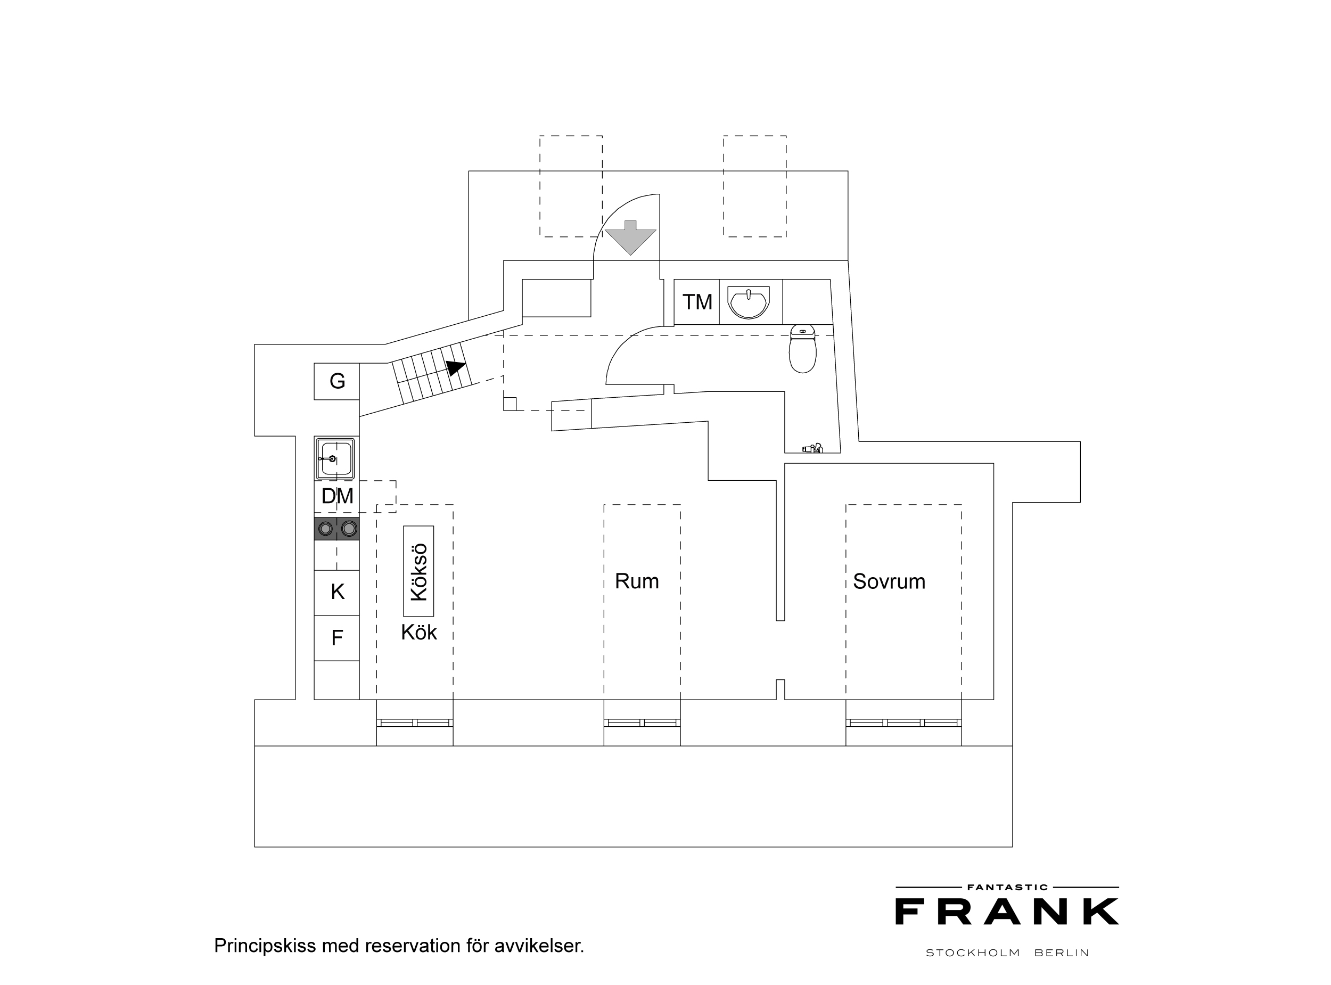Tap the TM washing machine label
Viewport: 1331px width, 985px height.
[697, 302]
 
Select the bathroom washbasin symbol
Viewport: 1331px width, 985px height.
[749, 303]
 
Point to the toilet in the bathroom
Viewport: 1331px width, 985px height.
[802, 349]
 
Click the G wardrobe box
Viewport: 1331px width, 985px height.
[337, 381]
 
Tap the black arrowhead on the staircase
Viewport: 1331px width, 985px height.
[456, 368]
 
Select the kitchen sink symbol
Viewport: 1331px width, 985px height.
[335, 458]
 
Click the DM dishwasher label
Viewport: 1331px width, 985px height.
[338, 496]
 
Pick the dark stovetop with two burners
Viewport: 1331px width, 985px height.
[337, 528]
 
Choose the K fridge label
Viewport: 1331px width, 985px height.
[338, 592]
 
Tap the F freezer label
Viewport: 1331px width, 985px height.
[337, 638]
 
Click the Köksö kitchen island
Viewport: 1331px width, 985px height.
[418, 571]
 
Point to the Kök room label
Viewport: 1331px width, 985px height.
[418, 632]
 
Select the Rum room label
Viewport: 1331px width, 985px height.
[637, 581]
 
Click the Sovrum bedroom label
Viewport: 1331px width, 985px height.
[889, 581]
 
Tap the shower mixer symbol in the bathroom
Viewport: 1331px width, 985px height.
[812, 448]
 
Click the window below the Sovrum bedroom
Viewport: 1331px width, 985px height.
[903, 723]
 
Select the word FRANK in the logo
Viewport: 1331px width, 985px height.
[1007, 912]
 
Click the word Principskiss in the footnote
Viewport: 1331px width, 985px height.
[265, 946]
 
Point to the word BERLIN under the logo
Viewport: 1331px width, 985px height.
[1062, 953]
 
